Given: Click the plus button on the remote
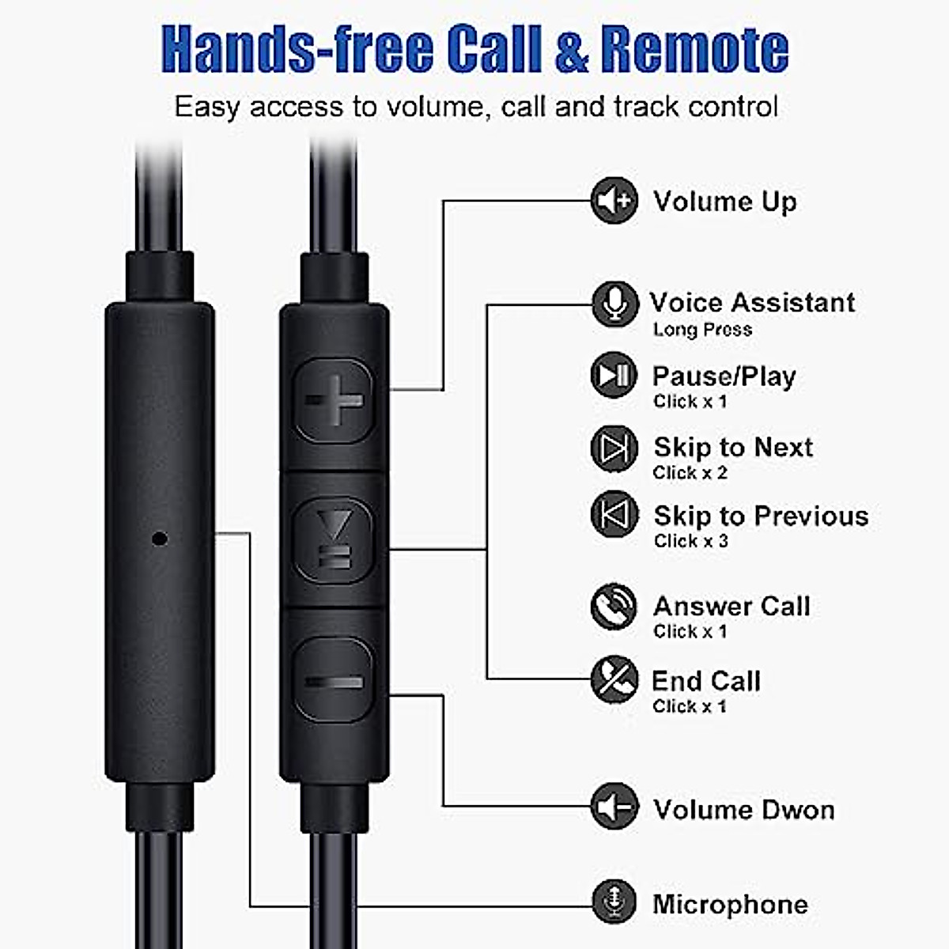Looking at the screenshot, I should (334, 400).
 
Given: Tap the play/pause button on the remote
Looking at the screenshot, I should (334, 540).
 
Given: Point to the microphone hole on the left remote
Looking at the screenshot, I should (160, 539).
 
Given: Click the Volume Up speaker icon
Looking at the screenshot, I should (614, 201).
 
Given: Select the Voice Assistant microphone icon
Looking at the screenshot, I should (614, 304).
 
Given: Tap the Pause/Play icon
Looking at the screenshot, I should (614, 375).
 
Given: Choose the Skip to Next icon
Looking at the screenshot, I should (614, 448).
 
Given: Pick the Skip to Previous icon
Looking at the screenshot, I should (614, 515).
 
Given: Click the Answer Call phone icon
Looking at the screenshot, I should (614, 607).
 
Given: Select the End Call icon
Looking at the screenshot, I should (614, 679).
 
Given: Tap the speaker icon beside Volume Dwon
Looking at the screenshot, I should (614, 807).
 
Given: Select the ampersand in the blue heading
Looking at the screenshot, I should (571, 49).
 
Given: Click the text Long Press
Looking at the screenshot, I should (702, 330).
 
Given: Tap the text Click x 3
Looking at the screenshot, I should (690, 542).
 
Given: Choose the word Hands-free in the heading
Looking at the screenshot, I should (297, 49).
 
